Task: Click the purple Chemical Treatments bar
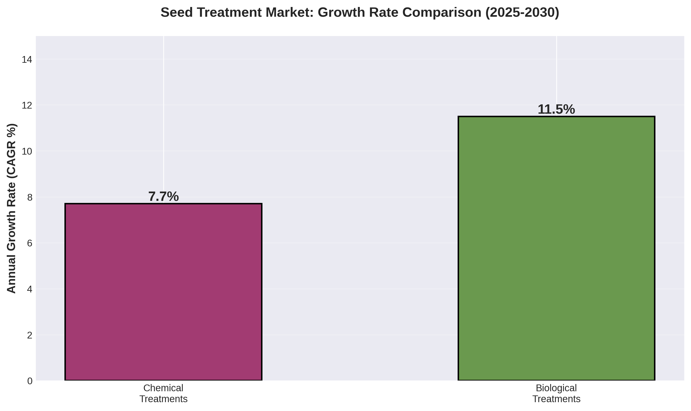(163, 292)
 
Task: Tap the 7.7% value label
(164, 197)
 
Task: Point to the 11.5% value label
(556, 110)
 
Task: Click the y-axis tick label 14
(27, 60)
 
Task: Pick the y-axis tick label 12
(27, 106)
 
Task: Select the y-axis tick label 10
(27, 152)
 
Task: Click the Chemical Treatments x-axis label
(163, 393)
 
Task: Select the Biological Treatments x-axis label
(556, 393)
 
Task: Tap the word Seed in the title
(175, 13)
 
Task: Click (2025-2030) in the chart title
(522, 13)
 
